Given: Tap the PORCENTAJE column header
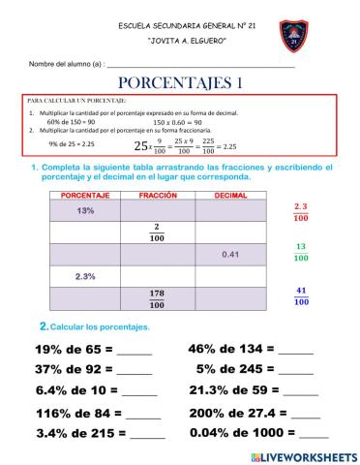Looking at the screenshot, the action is pos(85,195).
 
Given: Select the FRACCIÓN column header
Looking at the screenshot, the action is pos(159,195).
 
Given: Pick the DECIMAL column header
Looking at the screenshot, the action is pos(230,195).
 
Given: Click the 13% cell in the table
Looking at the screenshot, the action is pos(85,210).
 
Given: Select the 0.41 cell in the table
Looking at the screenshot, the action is pos(230,255).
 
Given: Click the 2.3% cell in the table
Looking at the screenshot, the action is pos(85,277).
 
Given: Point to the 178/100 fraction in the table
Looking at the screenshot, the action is pos(158,297).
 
